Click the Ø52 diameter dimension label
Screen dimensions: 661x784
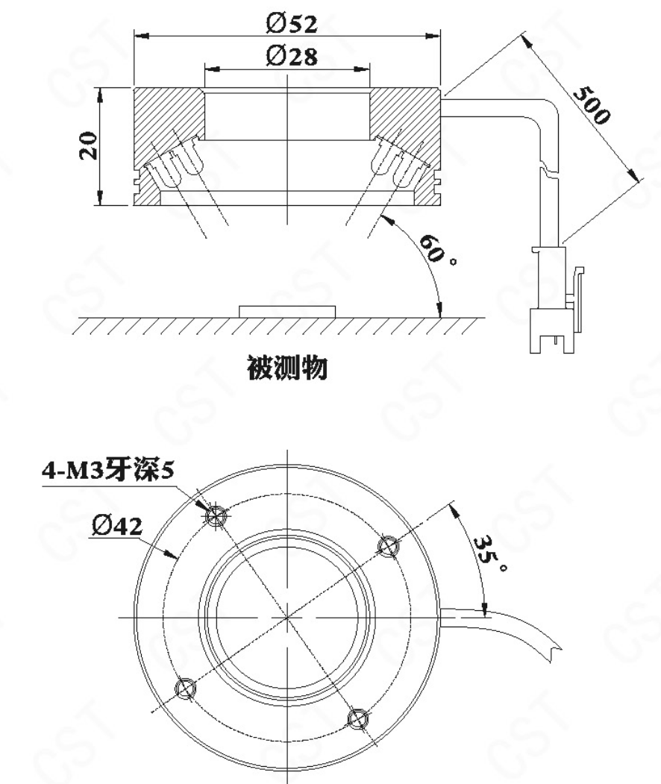[292, 23]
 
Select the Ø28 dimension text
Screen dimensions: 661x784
[292, 55]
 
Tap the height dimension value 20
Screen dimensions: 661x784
[89, 145]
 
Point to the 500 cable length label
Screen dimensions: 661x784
[592, 105]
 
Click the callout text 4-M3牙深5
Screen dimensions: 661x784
[108, 470]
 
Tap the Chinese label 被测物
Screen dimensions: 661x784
[287, 368]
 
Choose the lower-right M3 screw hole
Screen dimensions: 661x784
[358, 718]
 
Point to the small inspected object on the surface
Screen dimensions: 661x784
[287, 312]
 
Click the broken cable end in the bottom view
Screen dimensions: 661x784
[554, 649]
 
